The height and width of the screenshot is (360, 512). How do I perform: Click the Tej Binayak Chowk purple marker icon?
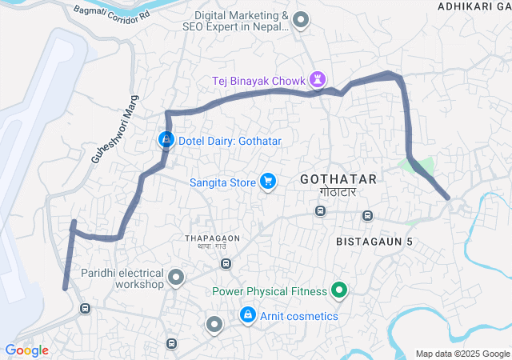[x=319, y=79]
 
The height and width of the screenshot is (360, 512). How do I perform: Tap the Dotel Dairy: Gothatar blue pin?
[x=166, y=140]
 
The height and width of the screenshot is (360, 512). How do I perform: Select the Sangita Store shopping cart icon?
[x=268, y=182]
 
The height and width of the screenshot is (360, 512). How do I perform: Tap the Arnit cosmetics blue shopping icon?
[x=248, y=316]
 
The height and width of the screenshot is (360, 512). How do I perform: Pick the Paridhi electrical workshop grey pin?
[x=176, y=278]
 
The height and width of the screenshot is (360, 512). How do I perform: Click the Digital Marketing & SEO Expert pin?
[x=301, y=20]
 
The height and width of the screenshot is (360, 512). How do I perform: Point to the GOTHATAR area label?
[x=337, y=179]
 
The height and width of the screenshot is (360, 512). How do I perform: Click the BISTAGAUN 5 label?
[x=374, y=241]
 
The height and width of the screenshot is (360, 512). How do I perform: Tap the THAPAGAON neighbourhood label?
[x=213, y=238]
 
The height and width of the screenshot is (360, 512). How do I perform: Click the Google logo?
[x=26, y=350]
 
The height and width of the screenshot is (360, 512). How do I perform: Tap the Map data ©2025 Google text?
[x=462, y=354]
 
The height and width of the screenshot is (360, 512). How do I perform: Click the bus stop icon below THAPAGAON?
[x=226, y=263]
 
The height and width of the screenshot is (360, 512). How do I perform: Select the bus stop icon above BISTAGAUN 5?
[x=367, y=216]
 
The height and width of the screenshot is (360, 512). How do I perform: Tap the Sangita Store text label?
[x=222, y=182]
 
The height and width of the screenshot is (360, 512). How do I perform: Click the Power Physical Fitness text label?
[x=270, y=291]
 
